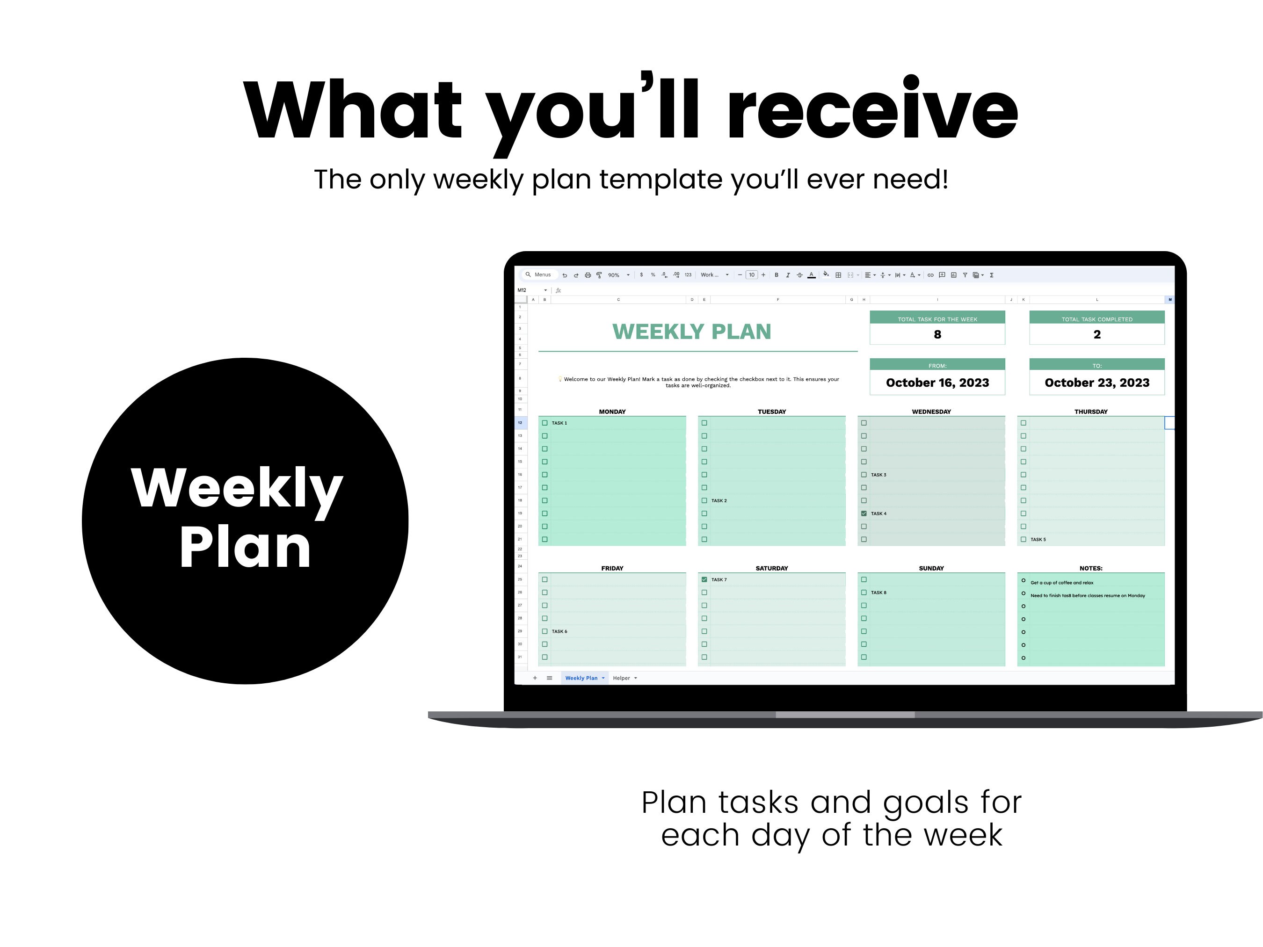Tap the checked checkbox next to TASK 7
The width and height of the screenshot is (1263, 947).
click(704, 579)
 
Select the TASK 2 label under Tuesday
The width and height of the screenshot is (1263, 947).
click(719, 500)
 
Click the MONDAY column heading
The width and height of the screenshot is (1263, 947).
click(612, 412)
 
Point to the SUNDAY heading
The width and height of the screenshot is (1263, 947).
click(931, 568)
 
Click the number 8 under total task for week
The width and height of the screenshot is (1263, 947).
click(937, 334)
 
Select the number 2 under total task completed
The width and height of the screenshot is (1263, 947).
click(1097, 334)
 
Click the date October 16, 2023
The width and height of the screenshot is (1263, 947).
click(937, 383)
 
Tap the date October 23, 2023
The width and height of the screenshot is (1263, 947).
click(1097, 383)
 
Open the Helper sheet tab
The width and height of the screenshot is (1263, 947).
click(621, 678)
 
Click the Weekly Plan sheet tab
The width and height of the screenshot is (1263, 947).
click(581, 678)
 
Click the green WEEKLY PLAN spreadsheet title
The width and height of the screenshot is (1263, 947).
click(691, 332)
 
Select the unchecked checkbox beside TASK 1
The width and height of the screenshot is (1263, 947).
click(544, 423)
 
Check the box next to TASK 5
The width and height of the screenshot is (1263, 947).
click(1023, 539)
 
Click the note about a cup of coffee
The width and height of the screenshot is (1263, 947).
click(1061, 583)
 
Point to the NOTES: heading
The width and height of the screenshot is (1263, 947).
click(1090, 568)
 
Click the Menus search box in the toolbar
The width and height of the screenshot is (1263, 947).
click(539, 275)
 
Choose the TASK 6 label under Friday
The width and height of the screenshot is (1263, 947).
click(559, 631)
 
